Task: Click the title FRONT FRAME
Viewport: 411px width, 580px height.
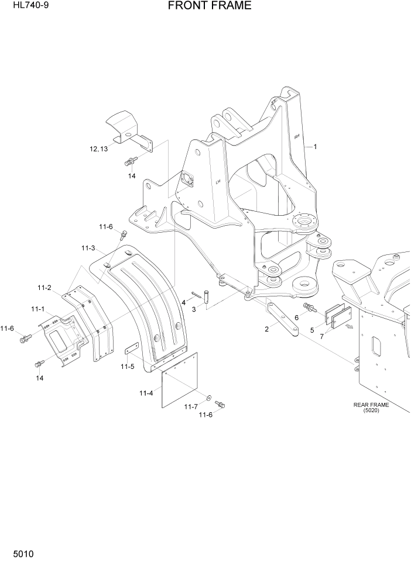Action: coord(209,6)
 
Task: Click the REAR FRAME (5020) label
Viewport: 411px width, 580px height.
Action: coord(371,408)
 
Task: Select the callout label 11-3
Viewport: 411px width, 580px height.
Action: coord(88,248)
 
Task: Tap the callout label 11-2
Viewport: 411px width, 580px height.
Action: coord(44,287)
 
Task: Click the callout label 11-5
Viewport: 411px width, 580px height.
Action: coord(128,367)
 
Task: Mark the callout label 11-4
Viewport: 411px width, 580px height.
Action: coord(146,393)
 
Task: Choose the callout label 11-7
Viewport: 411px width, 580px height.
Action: coord(191,406)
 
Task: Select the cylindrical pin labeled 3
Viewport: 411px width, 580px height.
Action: coord(207,296)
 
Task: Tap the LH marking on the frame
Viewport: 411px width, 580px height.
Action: coord(218,182)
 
